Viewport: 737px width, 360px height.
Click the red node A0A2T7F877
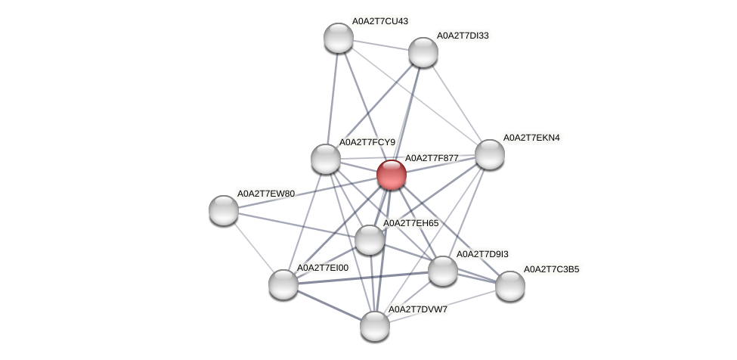pyautogui.click(x=391, y=175)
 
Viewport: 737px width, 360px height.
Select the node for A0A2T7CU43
pyautogui.click(x=338, y=38)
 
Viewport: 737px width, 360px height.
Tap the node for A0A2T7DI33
pyautogui.click(x=423, y=52)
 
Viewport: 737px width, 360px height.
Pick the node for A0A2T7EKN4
pyautogui.click(x=489, y=154)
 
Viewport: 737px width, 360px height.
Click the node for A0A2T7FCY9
pyautogui.click(x=326, y=159)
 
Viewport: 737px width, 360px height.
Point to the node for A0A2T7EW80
pyautogui.click(x=224, y=210)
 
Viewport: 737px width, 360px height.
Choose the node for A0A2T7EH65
pyautogui.click(x=369, y=240)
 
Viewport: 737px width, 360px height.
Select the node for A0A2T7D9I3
pyautogui.click(x=442, y=271)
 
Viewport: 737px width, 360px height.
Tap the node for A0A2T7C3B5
pyautogui.click(x=509, y=286)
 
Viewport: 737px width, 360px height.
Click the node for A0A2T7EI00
pyautogui.click(x=283, y=284)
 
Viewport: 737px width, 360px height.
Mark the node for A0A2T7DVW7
pyautogui.click(x=374, y=326)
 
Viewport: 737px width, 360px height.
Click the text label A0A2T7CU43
pyautogui.click(x=382, y=21)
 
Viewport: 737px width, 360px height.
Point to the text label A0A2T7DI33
pyautogui.click(x=466, y=36)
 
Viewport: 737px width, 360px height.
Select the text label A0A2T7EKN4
pyautogui.click(x=531, y=138)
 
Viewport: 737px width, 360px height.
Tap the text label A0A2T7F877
pyautogui.click(x=432, y=158)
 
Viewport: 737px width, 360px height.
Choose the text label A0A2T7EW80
pyautogui.click(x=265, y=194)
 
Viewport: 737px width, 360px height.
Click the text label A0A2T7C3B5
pyautogui.click(x=552, y=269)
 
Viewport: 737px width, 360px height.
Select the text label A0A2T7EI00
pyautogui.click(x=322, y=268)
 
